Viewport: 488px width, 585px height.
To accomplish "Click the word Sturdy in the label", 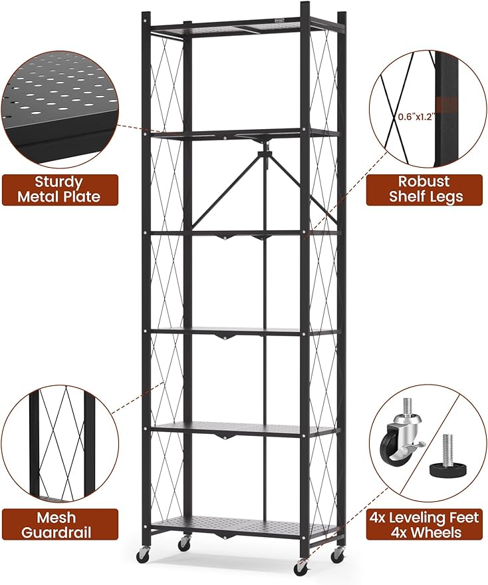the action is click(59, 182).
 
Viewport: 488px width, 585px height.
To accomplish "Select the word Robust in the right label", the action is click(424, 182).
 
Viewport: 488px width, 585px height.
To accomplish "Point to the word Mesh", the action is click(57, 518).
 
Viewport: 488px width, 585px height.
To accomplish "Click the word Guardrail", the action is click(57, 532).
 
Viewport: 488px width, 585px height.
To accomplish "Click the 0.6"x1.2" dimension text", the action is click(416, 116).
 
